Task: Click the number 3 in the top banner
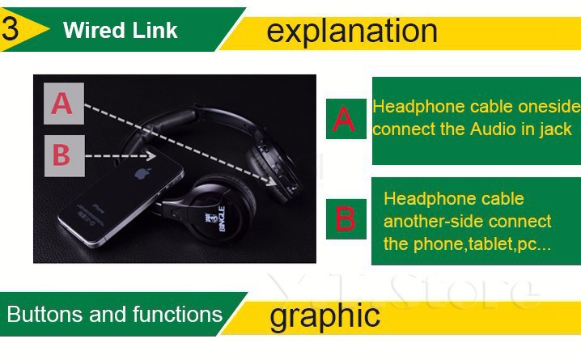click(x=11, y=28)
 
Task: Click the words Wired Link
click(x=121, y=32)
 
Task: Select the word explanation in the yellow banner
click(x=351, y=32)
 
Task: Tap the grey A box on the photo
click(x=63, y=104)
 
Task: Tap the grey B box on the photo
click(x=61, y=154)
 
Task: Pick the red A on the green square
click(x=345, y=120)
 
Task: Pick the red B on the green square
click(x=346, y=219)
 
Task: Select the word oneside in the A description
click(x=552, y=107)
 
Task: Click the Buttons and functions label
click(x=114, y=315)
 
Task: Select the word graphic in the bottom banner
click(x=324, y=315)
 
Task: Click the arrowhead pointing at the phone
click(x=151, y=155)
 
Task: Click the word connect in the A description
click(x=401, y=129)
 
